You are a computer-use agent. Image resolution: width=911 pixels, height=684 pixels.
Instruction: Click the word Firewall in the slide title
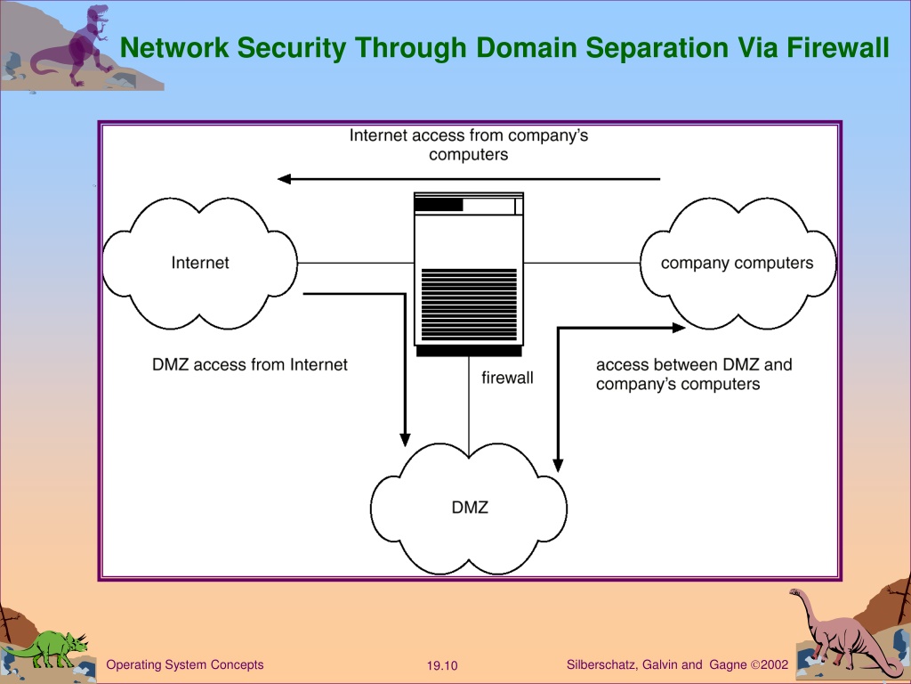(838, 47)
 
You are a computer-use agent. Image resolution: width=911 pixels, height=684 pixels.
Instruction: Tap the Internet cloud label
(200, 263)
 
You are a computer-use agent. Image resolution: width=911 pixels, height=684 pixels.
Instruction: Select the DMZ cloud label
(470, 508)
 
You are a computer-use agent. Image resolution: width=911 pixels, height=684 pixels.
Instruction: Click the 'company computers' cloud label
(737, 263)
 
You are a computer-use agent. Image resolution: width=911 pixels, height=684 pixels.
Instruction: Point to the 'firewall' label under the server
(507, 378)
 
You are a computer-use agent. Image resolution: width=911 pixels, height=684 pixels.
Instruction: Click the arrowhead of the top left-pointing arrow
(284, 178)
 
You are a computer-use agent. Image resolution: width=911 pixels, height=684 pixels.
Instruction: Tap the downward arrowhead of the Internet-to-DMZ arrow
(405, 440)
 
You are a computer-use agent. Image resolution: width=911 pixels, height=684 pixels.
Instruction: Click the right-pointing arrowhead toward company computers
(679, 328)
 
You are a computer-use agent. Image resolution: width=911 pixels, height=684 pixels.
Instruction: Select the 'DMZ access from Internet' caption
(250, 364)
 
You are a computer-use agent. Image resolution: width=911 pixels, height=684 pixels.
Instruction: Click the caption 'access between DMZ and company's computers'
(694, 375)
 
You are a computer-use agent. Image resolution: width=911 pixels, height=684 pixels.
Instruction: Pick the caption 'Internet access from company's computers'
(468, 145)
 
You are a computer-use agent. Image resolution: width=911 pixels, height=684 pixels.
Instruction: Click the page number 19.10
(442, 665)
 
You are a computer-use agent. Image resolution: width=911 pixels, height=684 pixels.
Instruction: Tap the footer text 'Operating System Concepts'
(185, 664)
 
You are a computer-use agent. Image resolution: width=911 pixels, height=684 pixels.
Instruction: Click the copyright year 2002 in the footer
(774, 664)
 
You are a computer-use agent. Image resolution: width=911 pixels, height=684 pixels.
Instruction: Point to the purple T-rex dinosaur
(73, 45)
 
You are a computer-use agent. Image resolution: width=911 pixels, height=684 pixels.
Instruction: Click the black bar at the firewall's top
(439, 205)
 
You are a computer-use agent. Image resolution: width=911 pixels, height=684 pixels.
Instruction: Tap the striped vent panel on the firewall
(469, 305)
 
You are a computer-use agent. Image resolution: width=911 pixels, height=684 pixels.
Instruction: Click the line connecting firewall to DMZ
(469, 406)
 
